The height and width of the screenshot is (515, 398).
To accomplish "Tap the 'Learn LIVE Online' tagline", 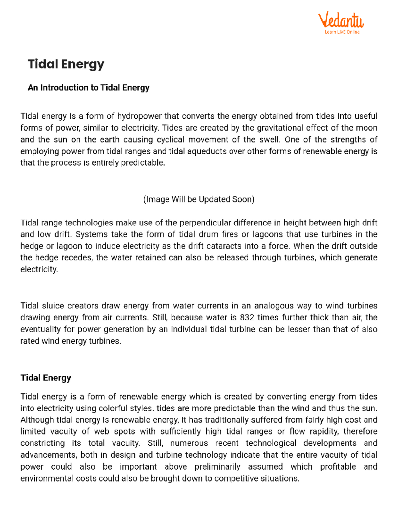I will tap(342, 32).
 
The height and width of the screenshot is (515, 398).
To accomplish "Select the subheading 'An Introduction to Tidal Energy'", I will tap(88, 88).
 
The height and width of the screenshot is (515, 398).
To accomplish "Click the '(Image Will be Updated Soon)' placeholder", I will tap(199, 199).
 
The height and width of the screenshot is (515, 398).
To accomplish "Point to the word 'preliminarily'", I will tap(217, 467).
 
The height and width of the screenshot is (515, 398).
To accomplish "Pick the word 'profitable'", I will tap(338, 467).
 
